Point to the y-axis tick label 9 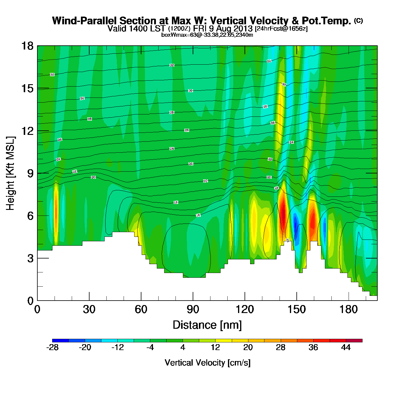(x=30, y=173)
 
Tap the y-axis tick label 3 (x=30, y=258)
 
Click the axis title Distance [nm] (x=207, y=325)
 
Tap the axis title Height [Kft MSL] (x=10, y=173)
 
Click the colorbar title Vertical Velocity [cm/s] (x=207, y=363)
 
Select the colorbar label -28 (x=52, y=347)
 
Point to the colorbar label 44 (x=346, y=347)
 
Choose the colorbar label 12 (x=216, y=347)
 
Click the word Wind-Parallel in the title (x=85, y=21)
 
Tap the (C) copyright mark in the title (x=358, y=20)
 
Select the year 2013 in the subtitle (x=243, y=29)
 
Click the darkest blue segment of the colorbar (x=60, y=341)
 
